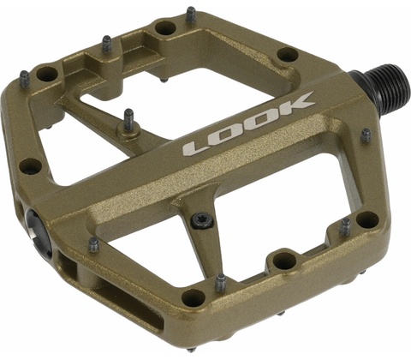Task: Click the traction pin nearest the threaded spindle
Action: tap(366, 135)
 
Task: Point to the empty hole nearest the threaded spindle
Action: tap(288, 54)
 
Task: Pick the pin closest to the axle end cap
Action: tap(93, 245)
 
